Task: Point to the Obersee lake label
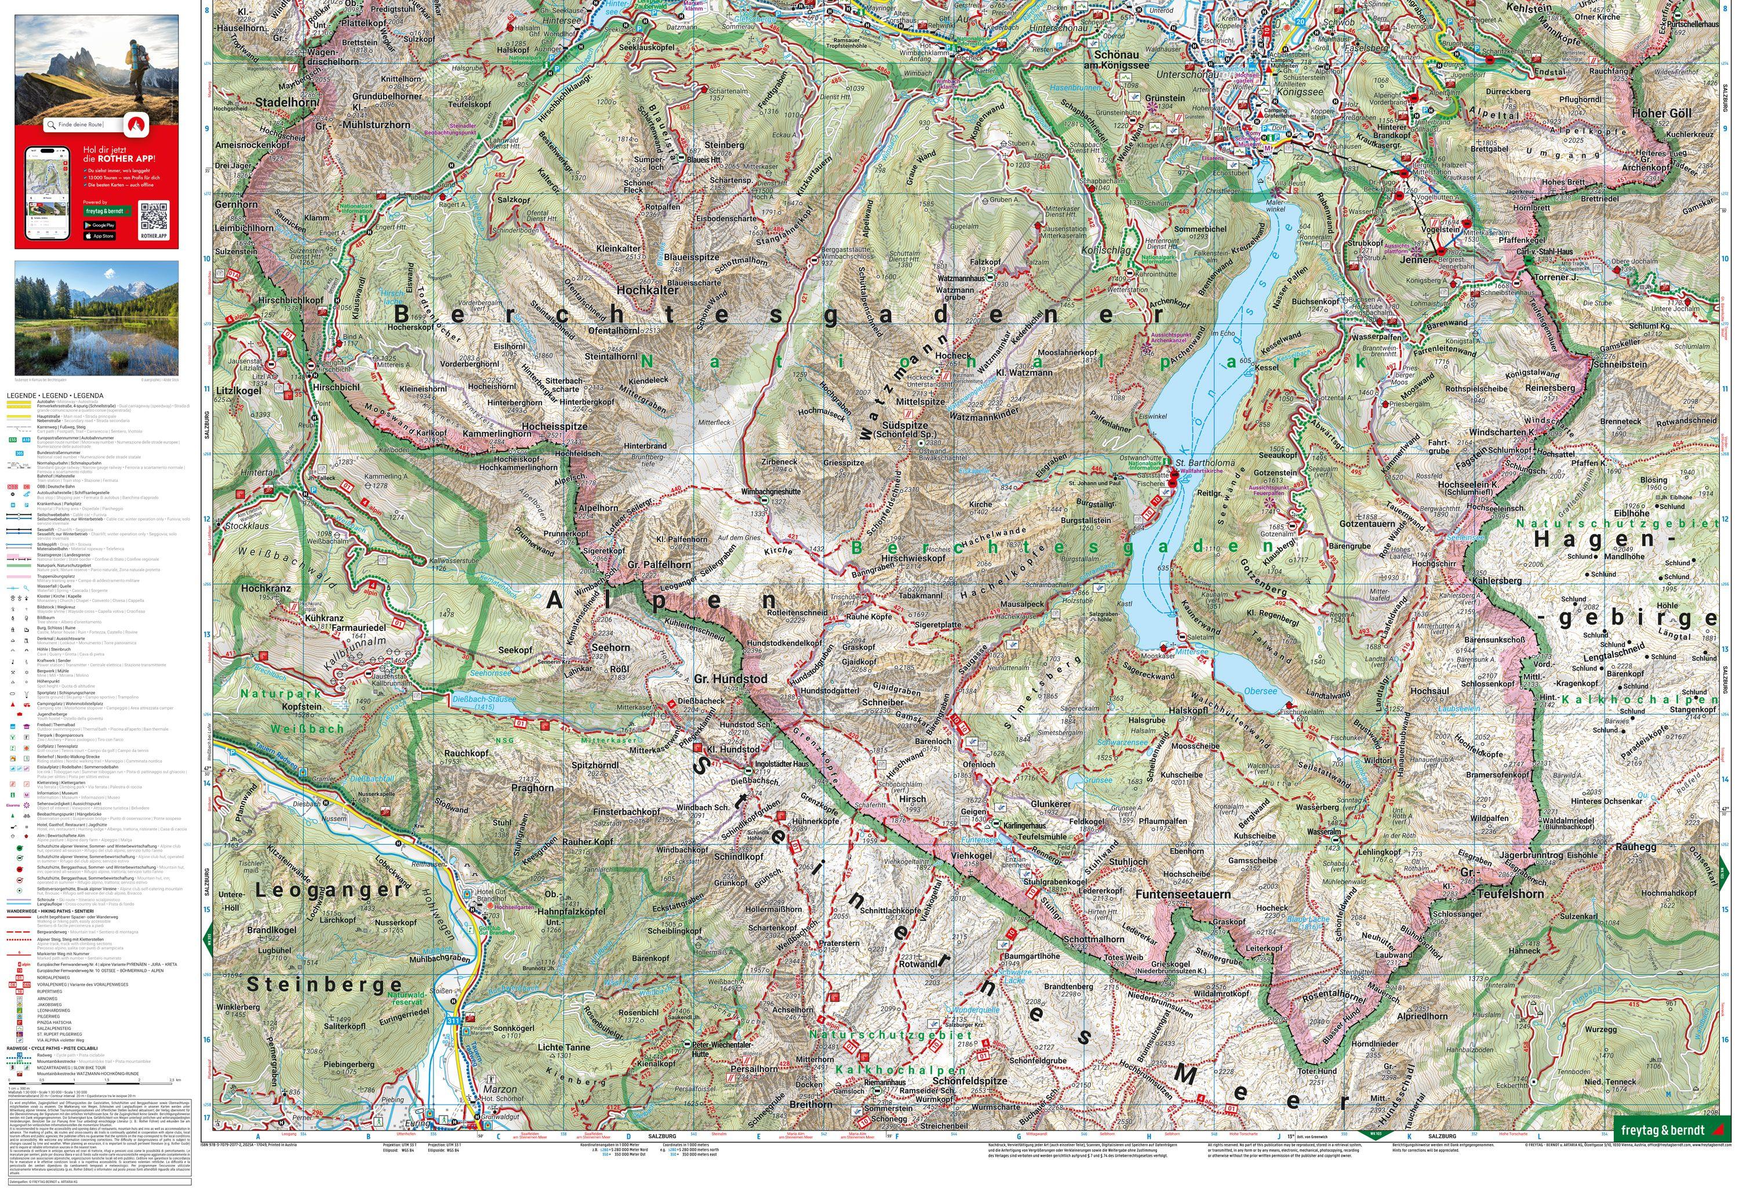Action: click(1260, 691)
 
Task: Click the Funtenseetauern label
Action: click(1183, 894)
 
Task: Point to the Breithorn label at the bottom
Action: click(810, 1104)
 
